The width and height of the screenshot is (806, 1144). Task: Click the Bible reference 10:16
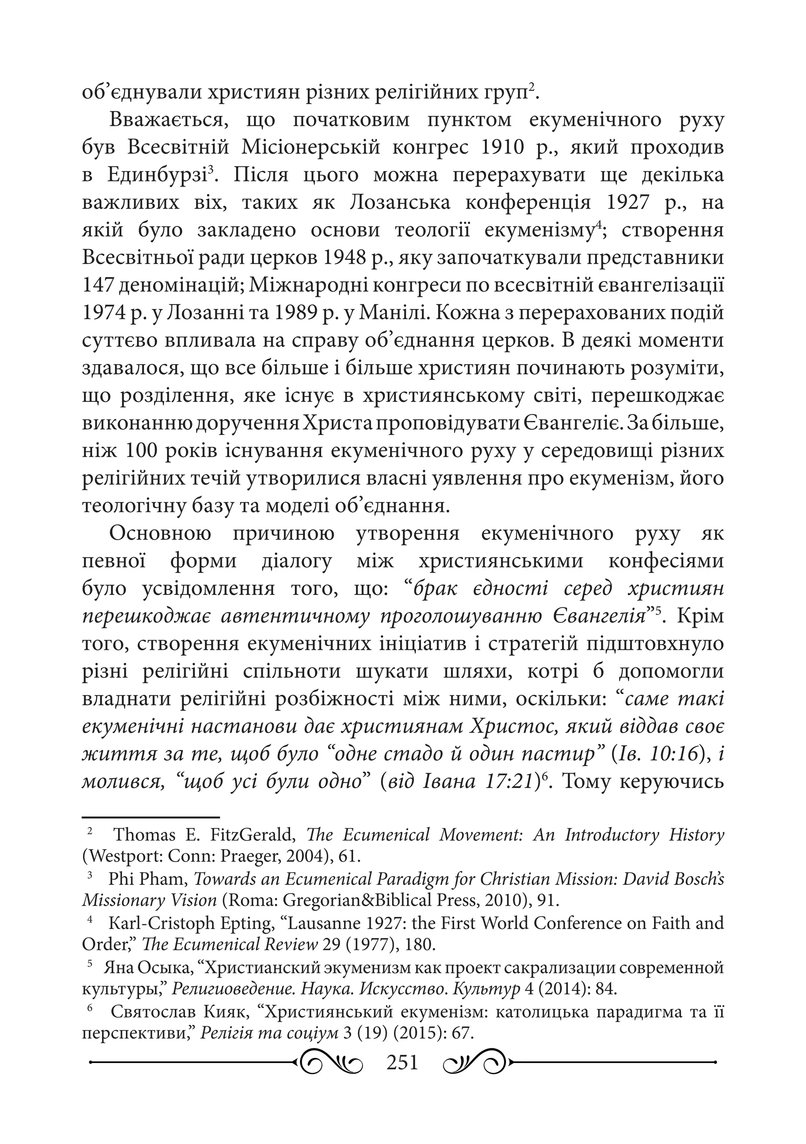[673, 754]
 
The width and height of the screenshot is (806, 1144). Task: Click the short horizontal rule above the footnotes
[150, 817]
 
